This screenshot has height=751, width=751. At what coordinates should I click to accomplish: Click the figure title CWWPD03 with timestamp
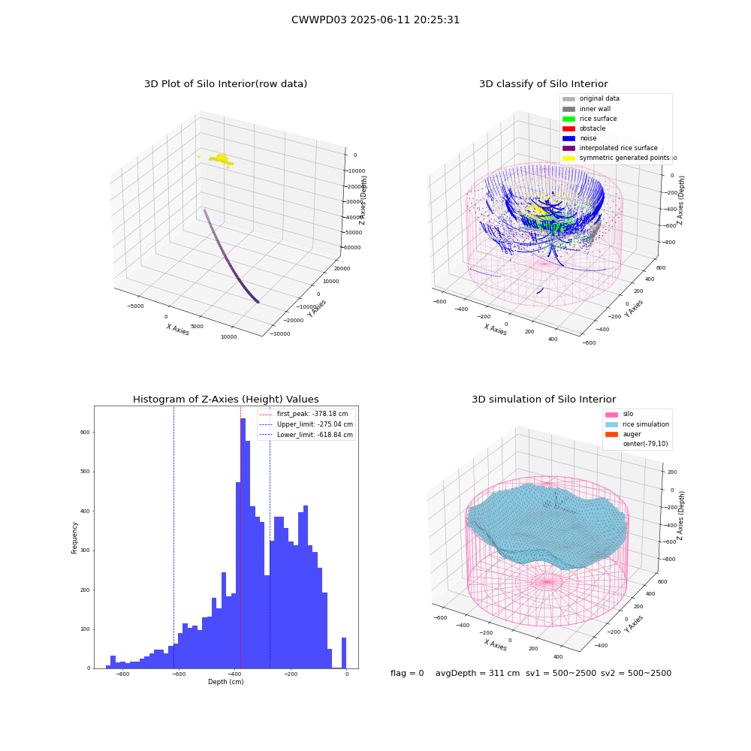[375, 20]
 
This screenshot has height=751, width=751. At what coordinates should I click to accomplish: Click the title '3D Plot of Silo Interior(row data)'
[225, 84]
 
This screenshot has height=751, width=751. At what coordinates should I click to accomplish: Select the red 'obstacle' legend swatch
[569, 128]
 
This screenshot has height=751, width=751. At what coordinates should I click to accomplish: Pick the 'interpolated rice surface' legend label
[618, 148]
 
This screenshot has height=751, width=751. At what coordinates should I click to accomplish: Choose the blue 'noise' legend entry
[580, 138]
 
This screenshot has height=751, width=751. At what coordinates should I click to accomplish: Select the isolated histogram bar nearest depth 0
[343, 653]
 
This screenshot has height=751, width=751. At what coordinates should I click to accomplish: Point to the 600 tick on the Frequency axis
[85, 432]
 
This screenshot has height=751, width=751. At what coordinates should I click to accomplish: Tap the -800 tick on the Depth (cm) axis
[122, 674]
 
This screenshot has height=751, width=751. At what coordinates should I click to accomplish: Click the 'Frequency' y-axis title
[74, 538]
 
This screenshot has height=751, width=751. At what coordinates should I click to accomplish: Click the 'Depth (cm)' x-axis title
[225, 682]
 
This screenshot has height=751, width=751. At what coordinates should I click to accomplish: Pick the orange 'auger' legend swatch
[611, 434]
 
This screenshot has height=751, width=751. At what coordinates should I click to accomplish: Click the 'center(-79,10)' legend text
[645, 444]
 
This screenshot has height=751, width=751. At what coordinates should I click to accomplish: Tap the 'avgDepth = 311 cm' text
[478, 673]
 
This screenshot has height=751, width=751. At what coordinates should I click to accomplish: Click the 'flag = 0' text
[407, 673]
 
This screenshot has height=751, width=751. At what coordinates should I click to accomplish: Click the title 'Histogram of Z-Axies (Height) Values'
[225, 400]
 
